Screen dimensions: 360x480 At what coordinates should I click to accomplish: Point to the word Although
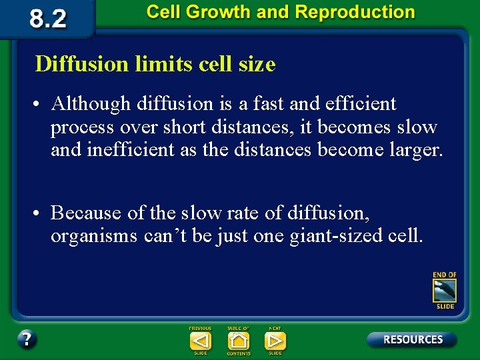click(91, 104)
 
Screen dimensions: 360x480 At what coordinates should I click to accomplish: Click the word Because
click(87, 213)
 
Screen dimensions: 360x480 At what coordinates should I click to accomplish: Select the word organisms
click(94, 237)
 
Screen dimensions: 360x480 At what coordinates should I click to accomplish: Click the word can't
click(165, 236)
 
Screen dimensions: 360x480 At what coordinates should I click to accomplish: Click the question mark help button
click(27, 339)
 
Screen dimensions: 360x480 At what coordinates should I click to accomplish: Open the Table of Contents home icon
click(238, 341)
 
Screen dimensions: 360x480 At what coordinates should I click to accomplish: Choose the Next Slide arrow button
click(275, 341)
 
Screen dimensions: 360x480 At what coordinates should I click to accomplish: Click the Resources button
click(412, 339)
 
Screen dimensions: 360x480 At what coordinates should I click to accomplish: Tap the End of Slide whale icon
click(445, 291)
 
